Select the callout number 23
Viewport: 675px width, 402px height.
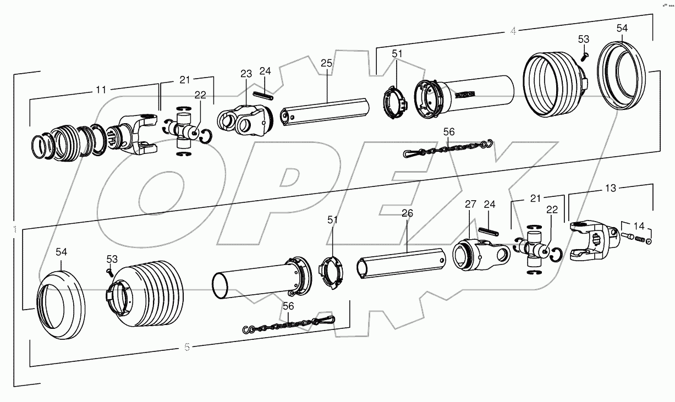coord(246,74)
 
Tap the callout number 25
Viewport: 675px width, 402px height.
coord(326,64)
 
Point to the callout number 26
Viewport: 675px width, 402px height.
coord(407,213)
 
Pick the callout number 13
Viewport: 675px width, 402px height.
coord(611,188)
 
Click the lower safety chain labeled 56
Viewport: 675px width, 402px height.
coord(289,324)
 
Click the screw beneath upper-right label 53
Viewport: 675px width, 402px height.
coord(584,55)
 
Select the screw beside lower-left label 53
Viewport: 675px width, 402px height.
coord(110,271)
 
